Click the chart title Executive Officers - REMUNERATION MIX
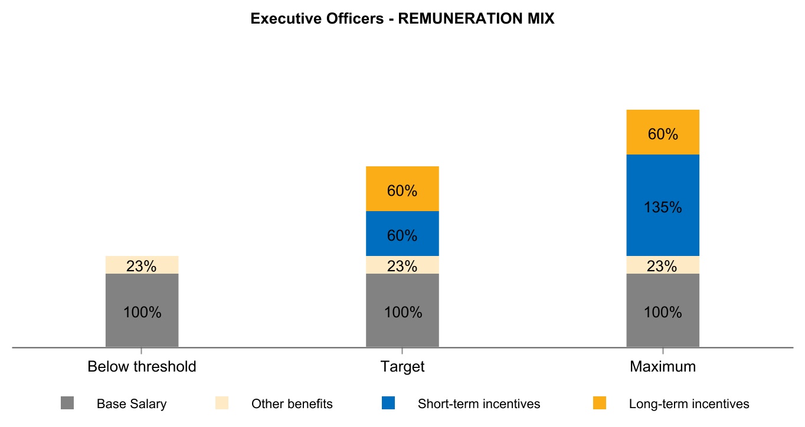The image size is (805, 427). [x=402, y=19]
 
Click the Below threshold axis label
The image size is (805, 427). [x=142, y=367]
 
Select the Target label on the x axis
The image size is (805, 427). [x=402, y=367]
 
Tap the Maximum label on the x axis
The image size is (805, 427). [x=663, y=367]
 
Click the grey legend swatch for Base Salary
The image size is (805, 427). [x=67, y=403]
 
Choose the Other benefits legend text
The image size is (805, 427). [x=292, y=404]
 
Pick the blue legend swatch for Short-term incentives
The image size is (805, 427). [x=388, y=403]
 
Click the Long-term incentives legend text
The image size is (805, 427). [x=689, y=404]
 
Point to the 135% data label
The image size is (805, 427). [x=663, y=208]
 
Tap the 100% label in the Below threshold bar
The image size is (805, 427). [x=142, y=313]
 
